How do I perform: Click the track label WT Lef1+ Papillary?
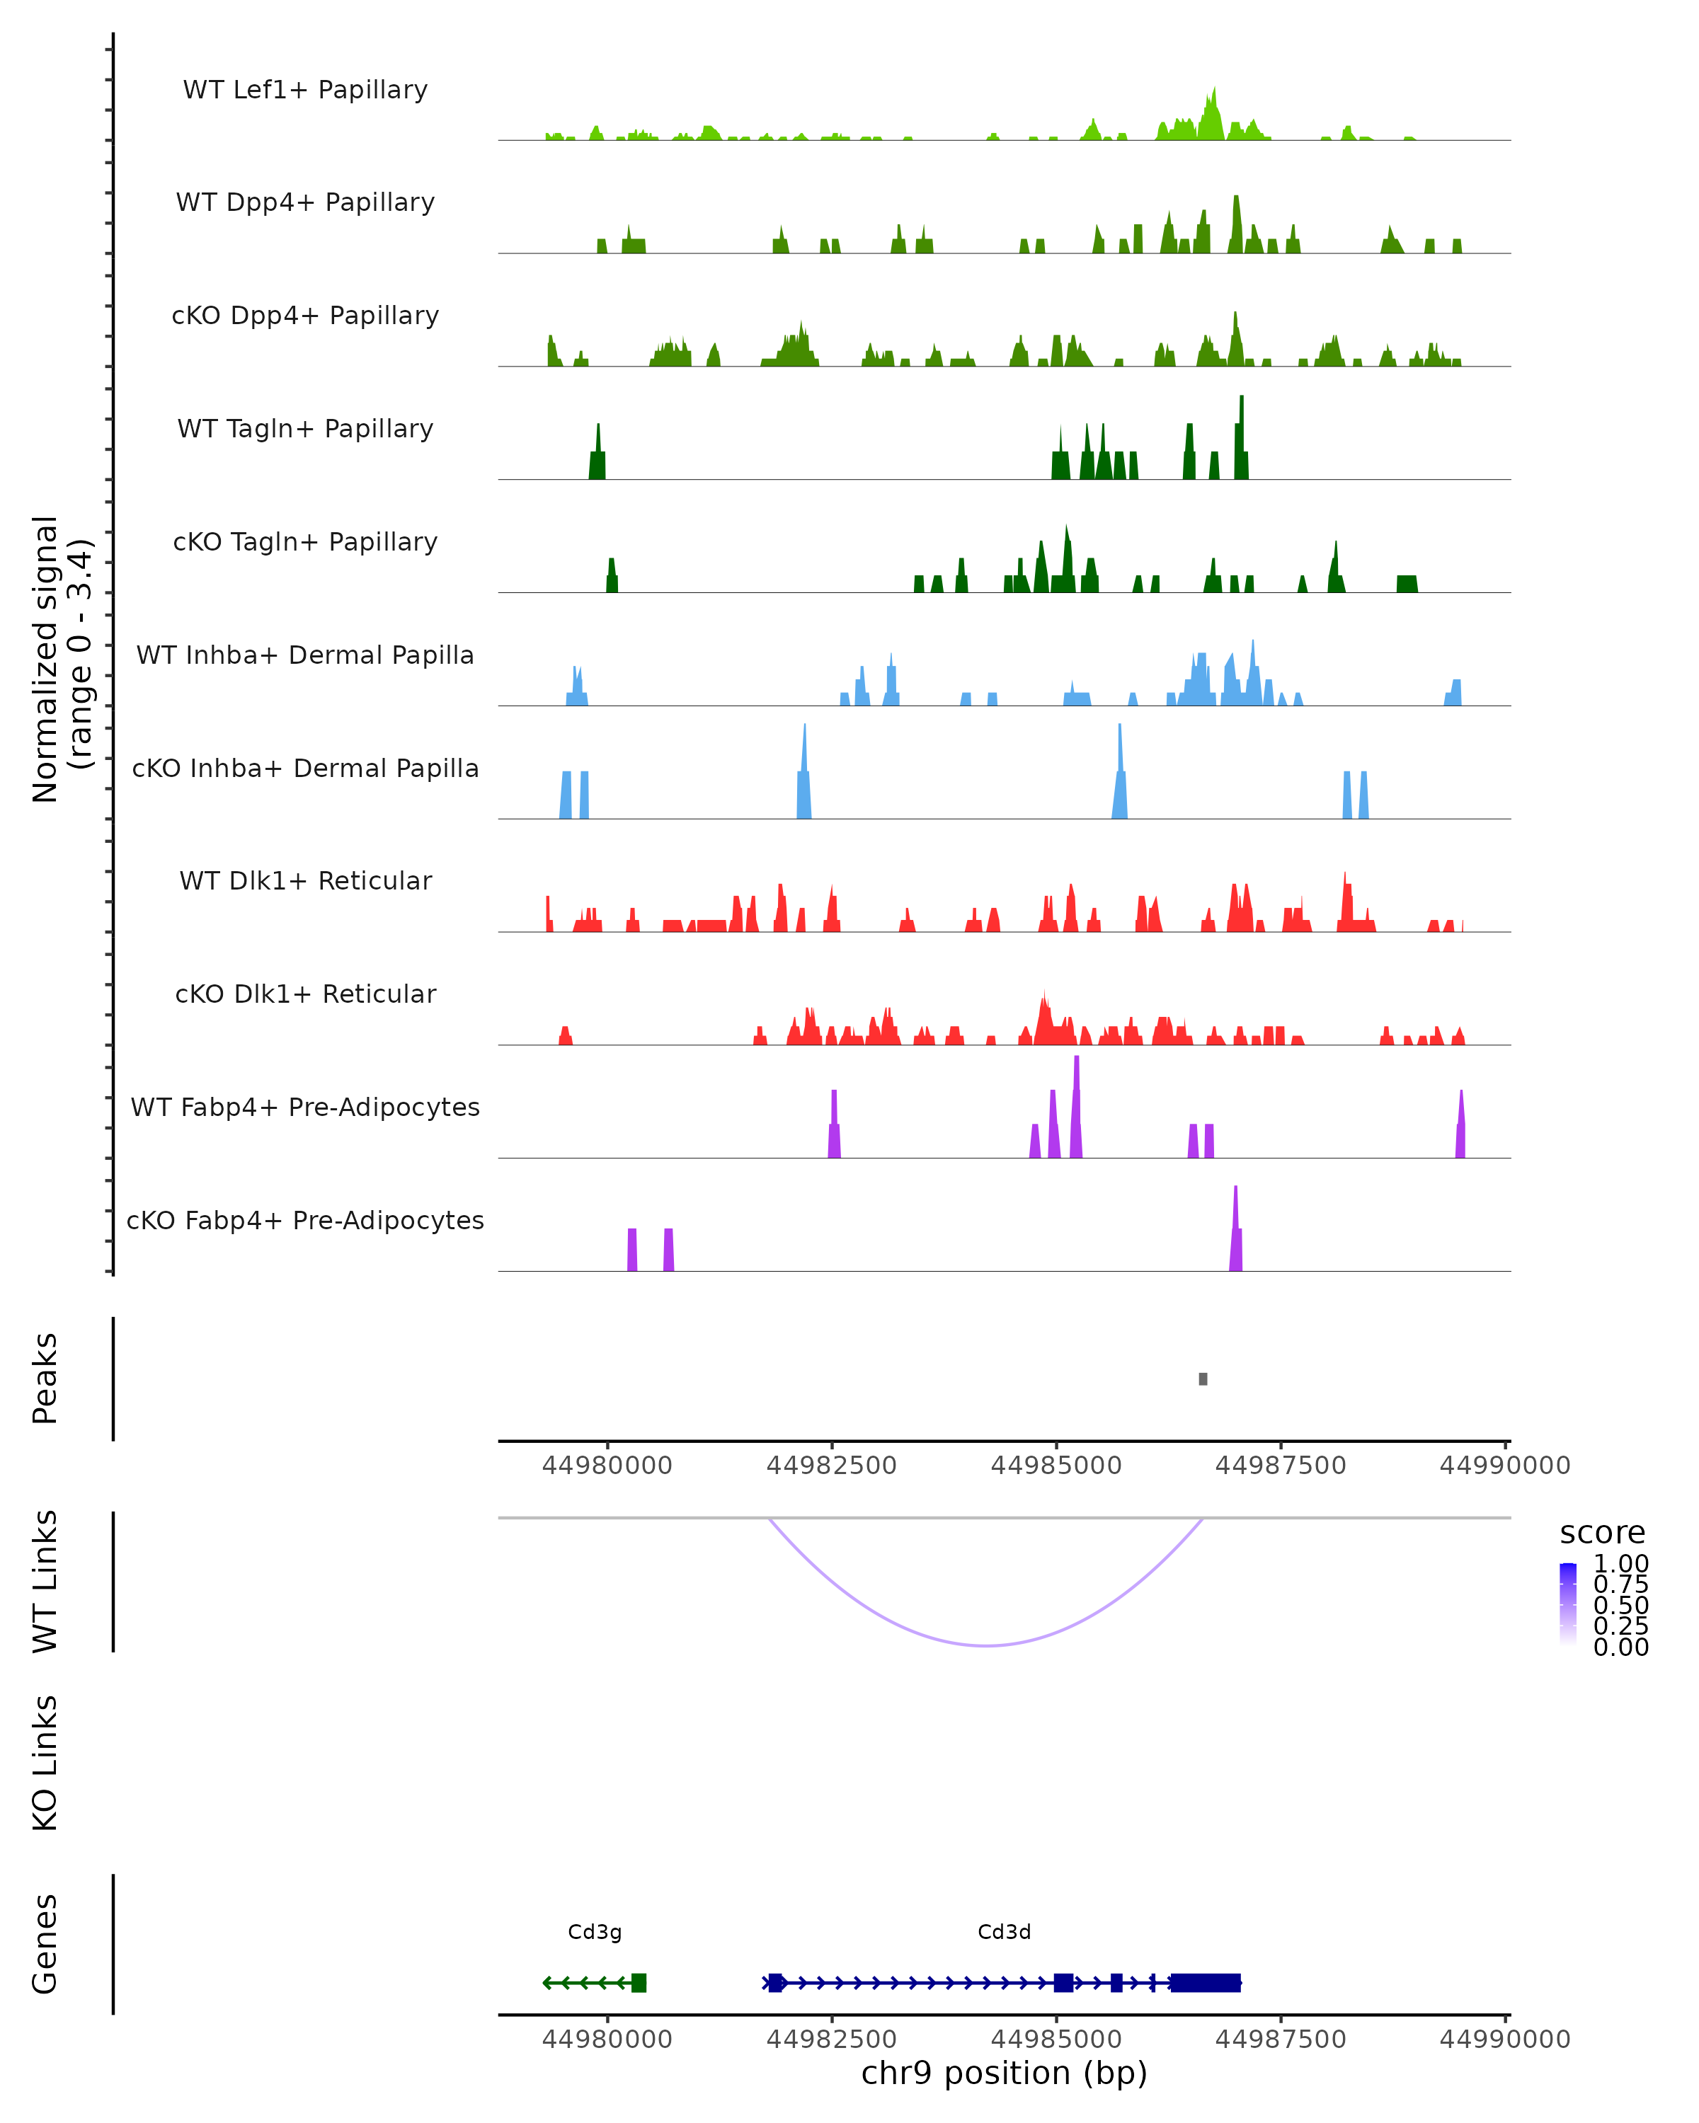click(x=305, y=90)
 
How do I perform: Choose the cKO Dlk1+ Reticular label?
click(x=305, y=994)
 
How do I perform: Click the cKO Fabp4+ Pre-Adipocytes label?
click(x=305, y=1220)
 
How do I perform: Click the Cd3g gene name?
click(x=595, y=1932)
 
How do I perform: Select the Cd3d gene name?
click(x=1004, y=1932)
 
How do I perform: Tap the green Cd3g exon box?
click(x=639, y=1982)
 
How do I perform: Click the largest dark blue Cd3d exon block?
click(x=1205, y=1982)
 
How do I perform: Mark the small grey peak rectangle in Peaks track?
click(x=1203, y=1379)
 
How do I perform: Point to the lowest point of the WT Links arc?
click(x=986, y=1645)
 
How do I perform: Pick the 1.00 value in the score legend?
click(x=1621, y=1564)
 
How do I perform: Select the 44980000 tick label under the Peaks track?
click(x=607, y=1466)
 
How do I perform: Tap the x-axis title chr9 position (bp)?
click(x=1004, y=2073)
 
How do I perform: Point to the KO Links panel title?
click(x=45, y=1764)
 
